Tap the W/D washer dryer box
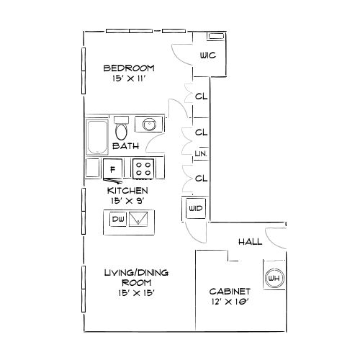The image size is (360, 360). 196,208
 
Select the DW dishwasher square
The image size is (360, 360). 118,219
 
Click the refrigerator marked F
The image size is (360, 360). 113,169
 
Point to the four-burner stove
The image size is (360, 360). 143,169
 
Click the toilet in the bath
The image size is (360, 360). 121,128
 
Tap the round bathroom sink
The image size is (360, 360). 149,125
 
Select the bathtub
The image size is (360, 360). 97,137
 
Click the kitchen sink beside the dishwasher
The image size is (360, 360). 138,219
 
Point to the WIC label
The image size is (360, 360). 208,55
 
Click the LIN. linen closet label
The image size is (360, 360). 201,153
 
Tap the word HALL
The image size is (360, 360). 251,242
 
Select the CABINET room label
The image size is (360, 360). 230,292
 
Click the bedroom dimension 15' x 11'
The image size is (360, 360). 129,78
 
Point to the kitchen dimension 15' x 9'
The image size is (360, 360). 127,201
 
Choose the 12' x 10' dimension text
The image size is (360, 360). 230,302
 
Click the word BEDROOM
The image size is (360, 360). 129,68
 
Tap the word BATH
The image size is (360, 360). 126,146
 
